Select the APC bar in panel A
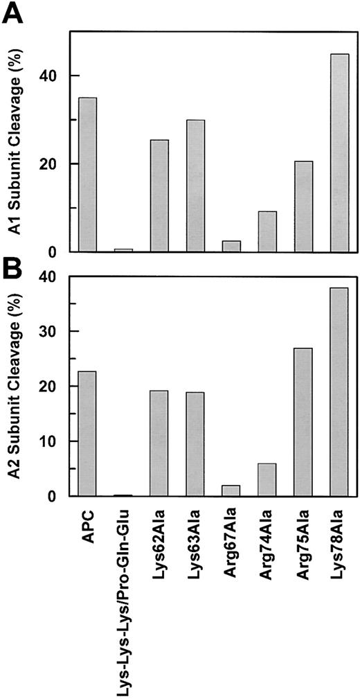tap(87, 174)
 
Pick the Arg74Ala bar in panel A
tap(267, 231)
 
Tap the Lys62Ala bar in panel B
tap(159, 443)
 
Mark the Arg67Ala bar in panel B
tap(231, 490)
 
